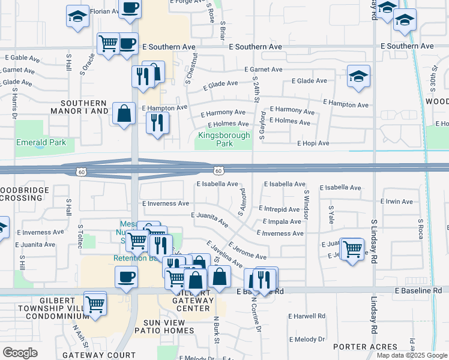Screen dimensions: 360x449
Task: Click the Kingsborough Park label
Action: click(224, 140)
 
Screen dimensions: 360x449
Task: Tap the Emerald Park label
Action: click(41, 142)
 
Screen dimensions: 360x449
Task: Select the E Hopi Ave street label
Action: click(313, 143)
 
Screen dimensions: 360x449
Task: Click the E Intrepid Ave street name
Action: click(279, 209)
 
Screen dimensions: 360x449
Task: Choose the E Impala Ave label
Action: click(282, 221)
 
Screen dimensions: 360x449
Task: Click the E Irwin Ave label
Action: click(397, 202)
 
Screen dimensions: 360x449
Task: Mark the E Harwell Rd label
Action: click(306, 316)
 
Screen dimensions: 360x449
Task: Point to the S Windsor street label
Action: click(306, 204)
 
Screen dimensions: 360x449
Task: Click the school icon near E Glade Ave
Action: click(358, 76)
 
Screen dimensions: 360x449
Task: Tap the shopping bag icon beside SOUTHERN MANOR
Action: click(124, 113)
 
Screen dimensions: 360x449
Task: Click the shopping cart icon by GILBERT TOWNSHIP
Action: click(95, 303)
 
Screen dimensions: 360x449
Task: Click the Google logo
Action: click(20, 353)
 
